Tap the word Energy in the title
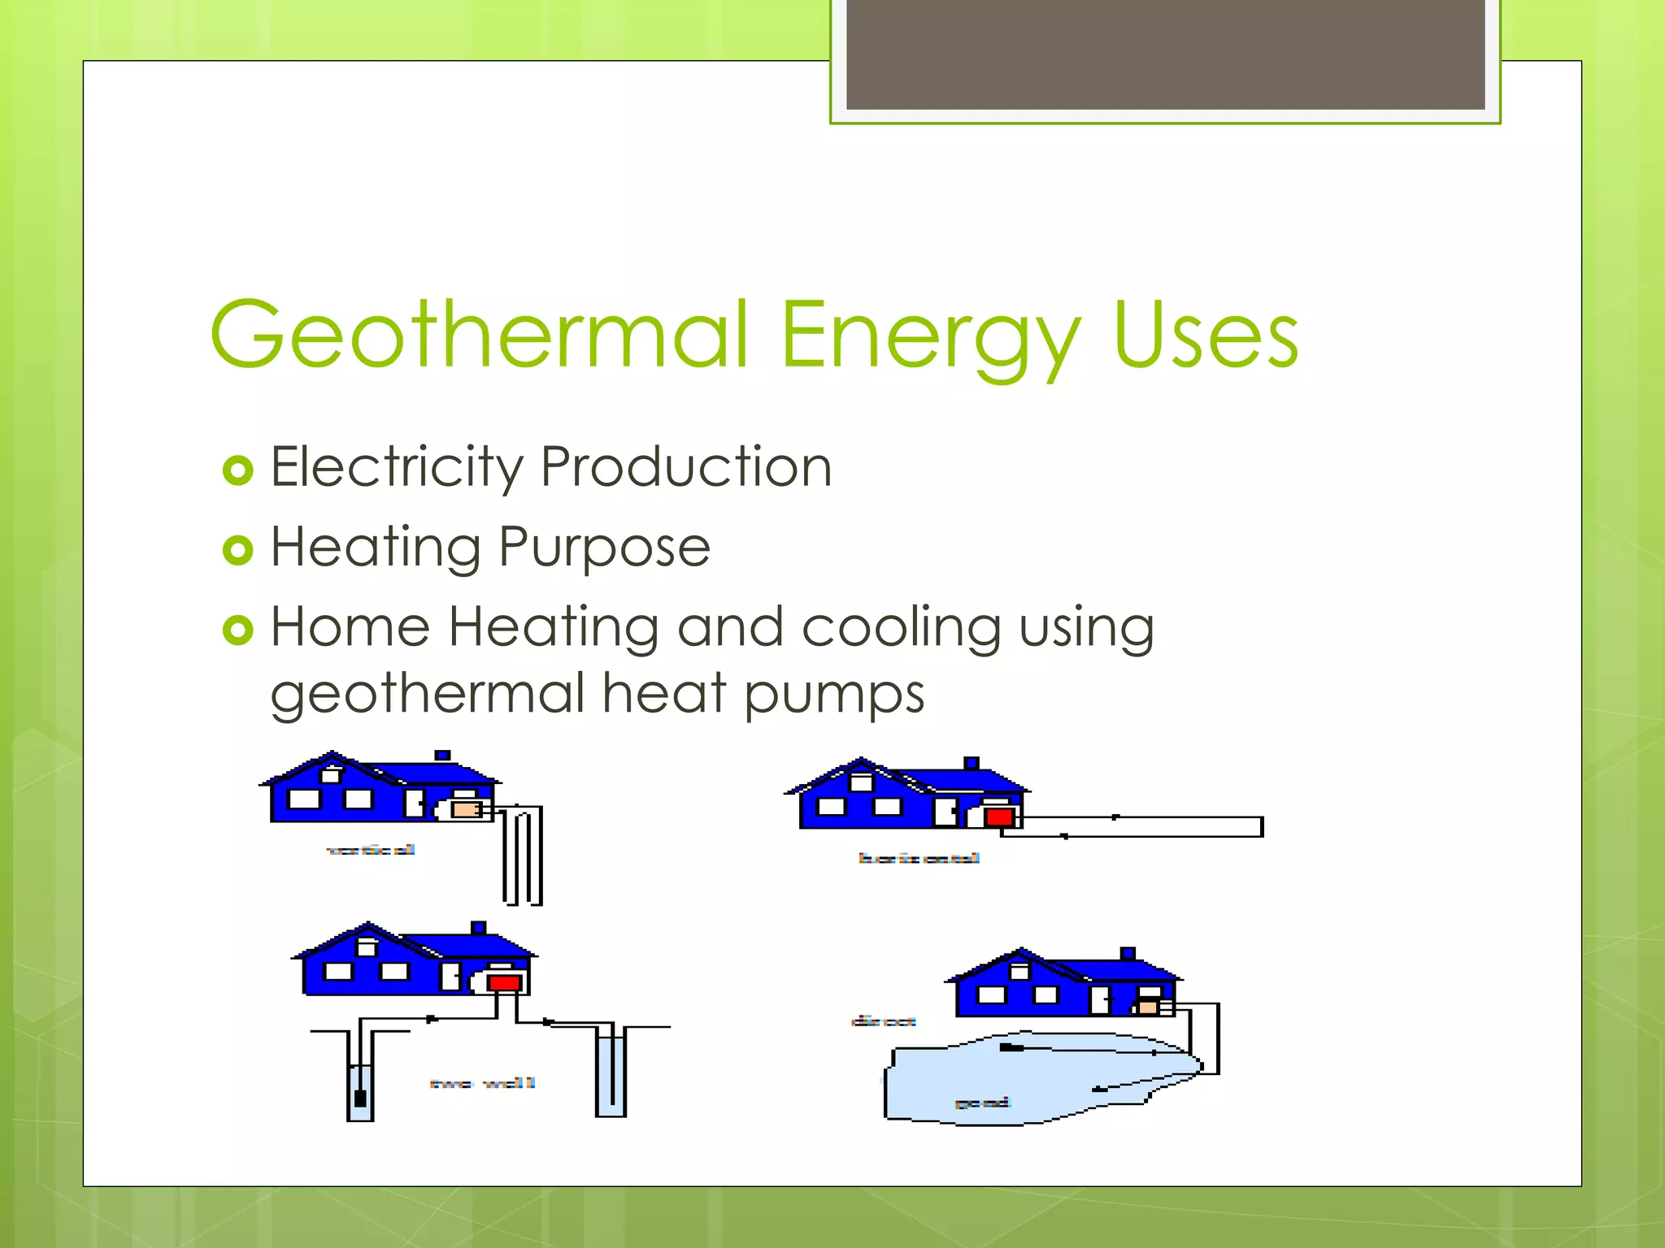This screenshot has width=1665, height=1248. click(931, 337)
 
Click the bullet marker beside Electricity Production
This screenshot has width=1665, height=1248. click(237, 470)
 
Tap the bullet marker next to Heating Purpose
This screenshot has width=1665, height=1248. click(237, 550)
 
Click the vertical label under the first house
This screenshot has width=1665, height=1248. click(371, 850)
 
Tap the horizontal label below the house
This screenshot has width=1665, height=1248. click(919, 858)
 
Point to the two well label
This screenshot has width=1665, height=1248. click(482, 1083)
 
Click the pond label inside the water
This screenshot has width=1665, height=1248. click(982, 1103)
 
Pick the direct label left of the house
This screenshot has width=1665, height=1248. click(884, 1021)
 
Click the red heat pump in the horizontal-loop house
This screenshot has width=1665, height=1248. click(999, 817)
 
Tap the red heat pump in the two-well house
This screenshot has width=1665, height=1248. click(504, 983)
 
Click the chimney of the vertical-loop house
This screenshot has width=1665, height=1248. click(442, 756)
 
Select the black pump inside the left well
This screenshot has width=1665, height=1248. click(360, 1098)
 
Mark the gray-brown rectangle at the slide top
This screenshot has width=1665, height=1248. click(1165, 54)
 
